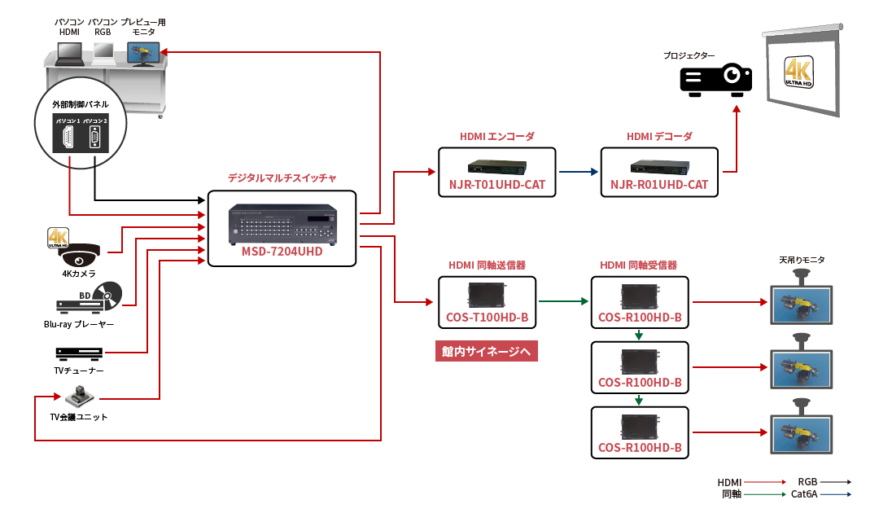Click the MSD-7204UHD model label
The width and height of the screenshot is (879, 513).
(282, 252)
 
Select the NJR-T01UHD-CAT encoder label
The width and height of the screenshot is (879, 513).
(496, 185)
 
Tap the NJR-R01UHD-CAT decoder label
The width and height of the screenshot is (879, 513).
(659, 185)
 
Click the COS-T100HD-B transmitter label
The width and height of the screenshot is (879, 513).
(487, 318)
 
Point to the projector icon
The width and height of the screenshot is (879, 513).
(716, 79)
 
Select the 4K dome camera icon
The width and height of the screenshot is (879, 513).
(79, 255)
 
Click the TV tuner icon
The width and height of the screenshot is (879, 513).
(79, 353)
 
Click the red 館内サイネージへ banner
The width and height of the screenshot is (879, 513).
(487, 352)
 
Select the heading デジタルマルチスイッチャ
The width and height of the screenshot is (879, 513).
(282, 177)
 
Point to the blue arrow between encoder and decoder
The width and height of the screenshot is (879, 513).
(578, 172)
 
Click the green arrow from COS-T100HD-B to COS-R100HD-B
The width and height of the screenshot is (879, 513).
(562, 301)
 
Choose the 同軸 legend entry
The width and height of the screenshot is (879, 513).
(731, 493)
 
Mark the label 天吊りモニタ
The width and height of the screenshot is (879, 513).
(802, 260)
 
